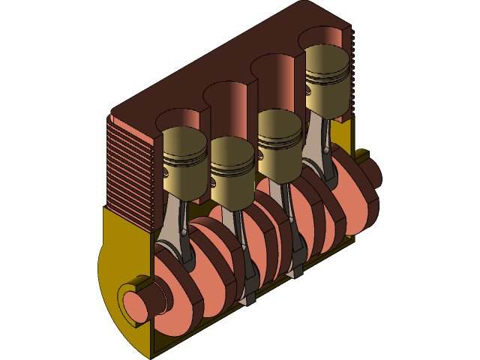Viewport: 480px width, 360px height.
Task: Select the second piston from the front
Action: (233, 177)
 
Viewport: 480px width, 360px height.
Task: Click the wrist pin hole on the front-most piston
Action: (166, 172)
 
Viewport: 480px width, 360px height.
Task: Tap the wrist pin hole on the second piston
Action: (214, 180)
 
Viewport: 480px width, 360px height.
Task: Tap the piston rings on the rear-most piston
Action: (327, 75)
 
